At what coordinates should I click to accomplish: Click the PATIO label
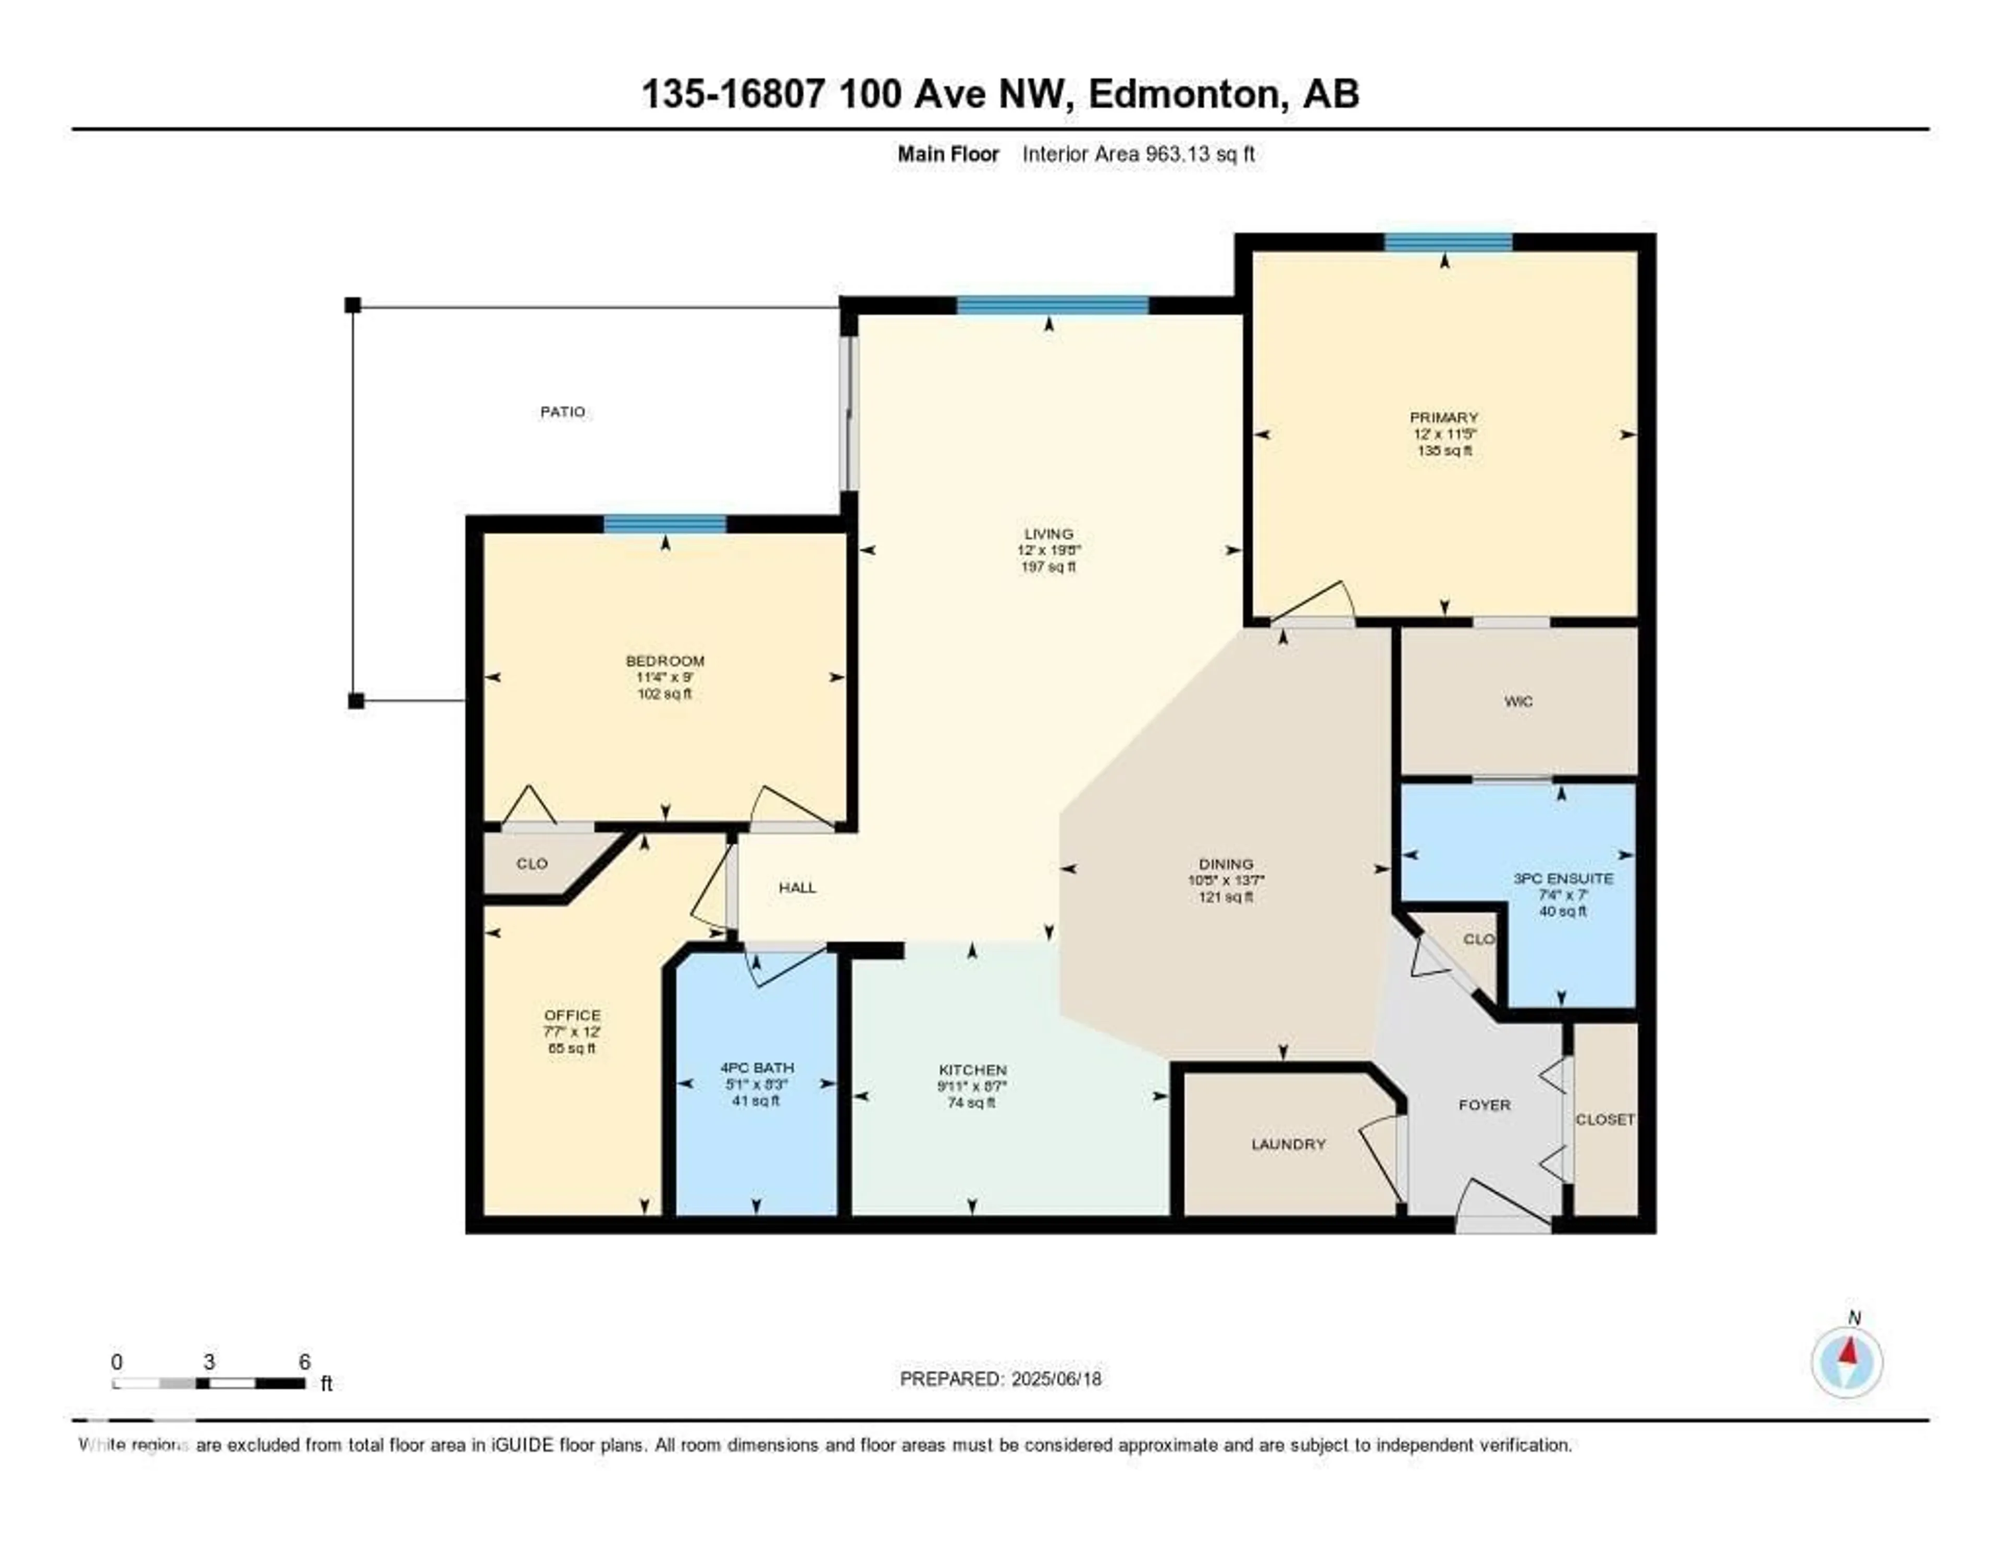[562, 412]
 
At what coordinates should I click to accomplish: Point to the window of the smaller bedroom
[664, 525]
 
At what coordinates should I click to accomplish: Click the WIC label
[1518, 702]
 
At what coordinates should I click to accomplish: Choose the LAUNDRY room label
[1288, 1144]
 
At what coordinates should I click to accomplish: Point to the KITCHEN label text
[972, 1070]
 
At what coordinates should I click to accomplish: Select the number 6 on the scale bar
[304, 1362]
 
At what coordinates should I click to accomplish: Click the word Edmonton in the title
[1183, 94]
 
